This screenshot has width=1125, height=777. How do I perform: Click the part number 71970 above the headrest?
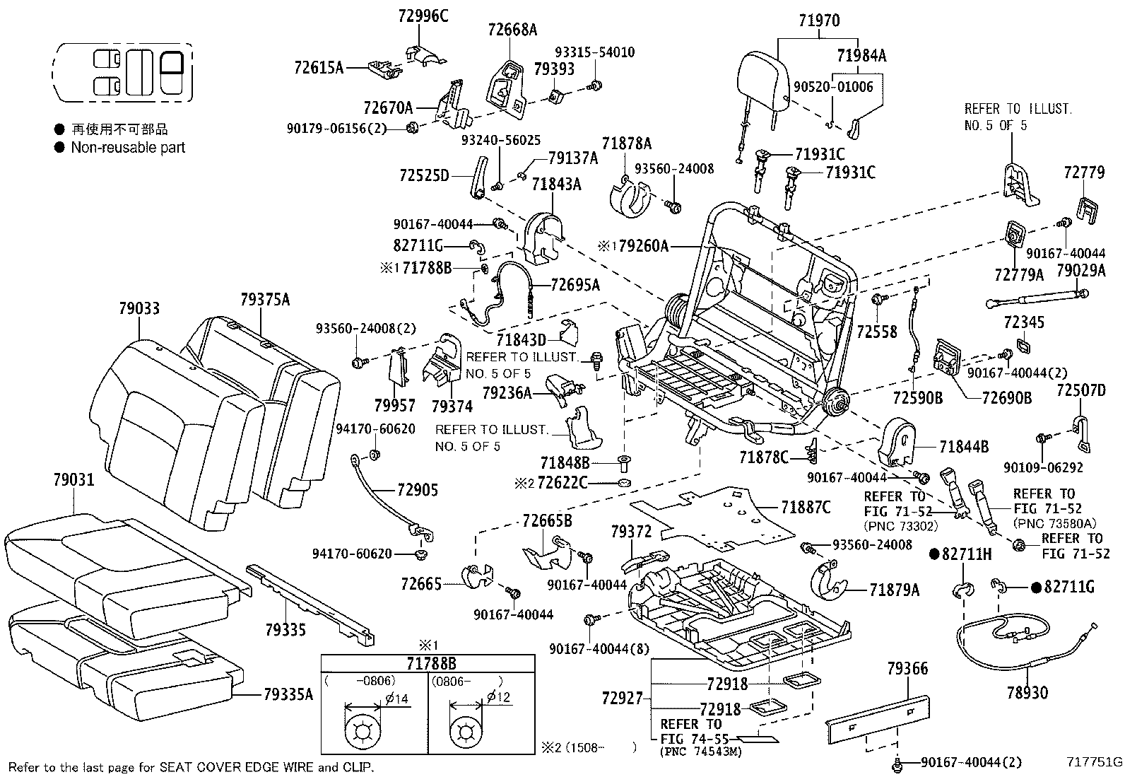coord(819,21)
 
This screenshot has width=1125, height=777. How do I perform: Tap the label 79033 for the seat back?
coord(139,308)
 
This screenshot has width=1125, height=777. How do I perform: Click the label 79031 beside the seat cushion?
coord(73,480)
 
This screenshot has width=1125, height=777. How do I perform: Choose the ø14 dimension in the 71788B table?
coord(396,699)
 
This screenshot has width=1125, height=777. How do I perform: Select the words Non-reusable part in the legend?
coord(128,148)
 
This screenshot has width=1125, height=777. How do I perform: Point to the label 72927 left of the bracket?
coord(623,699)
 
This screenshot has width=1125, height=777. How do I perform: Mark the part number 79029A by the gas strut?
coord(1080,269)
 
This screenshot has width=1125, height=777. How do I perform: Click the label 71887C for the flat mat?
coord(806,507)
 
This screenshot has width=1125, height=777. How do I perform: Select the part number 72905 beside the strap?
coord(417,489)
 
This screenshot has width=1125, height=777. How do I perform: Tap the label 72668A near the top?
coord(512,30)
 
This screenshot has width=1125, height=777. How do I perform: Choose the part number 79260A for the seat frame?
coord(642,246)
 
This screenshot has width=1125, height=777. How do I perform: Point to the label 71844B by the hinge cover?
coord(964,446)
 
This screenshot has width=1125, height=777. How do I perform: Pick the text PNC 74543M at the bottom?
coord(701,752)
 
